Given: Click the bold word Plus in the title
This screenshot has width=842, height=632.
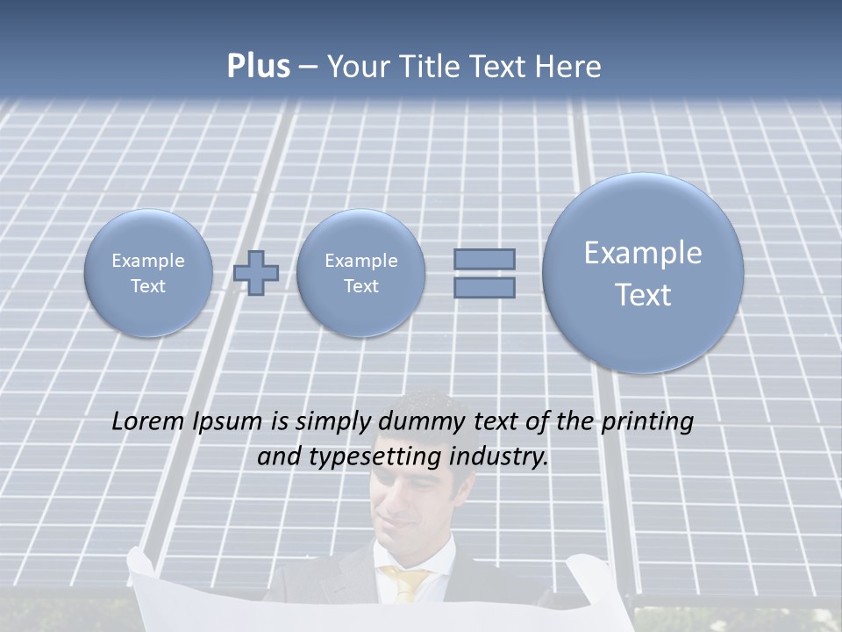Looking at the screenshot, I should tap(258, 67).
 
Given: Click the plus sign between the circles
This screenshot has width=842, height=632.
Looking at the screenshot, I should tap(256, 272).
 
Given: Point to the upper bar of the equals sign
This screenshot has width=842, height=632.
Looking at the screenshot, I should tap(484, 259).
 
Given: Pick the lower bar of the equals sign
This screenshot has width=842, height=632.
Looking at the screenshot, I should tap(484, 287).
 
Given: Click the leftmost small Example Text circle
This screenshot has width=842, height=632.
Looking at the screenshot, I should tap(148, 272).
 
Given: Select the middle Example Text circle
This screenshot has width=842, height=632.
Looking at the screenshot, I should tap(360, 272).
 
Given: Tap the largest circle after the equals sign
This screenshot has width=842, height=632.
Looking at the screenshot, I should tap(643, 273).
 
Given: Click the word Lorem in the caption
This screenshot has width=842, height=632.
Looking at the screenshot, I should tap(148, 422).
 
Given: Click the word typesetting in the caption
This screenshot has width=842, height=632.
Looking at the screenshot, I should tap(369, 457).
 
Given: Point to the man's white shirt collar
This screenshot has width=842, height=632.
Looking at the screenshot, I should tap(386, 562).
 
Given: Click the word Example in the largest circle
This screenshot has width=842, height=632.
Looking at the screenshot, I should tap(643, 253).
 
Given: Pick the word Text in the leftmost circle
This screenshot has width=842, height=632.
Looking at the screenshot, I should tap(148, 285).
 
